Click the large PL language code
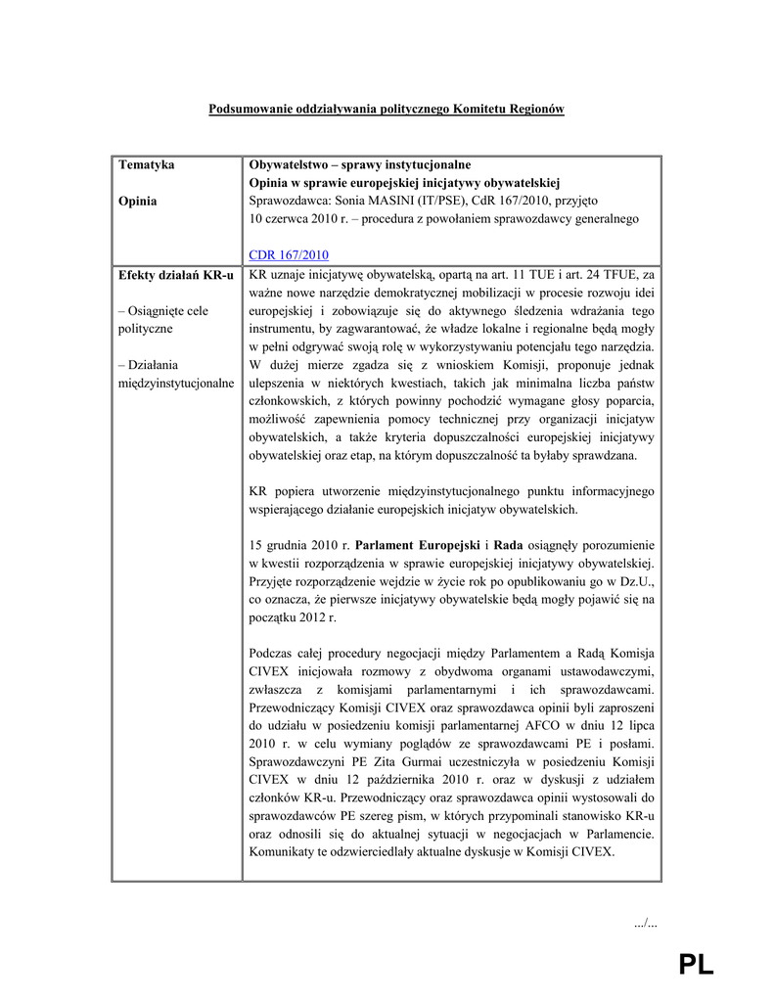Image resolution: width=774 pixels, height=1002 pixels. (x=697, y=965)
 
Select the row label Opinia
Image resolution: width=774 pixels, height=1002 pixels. (x=139, y=202)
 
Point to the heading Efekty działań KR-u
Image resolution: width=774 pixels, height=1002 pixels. (x=175, y=275)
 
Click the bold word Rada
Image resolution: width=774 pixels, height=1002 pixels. (x=508, y=544)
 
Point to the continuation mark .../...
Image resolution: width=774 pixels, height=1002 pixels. (x=645, y=923)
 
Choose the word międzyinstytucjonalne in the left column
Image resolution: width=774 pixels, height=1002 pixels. (x=175, y=383)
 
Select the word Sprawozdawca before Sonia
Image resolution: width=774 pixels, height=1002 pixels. (x=283, y=202)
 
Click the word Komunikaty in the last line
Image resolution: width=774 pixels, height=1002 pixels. (x=283, y=852)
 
